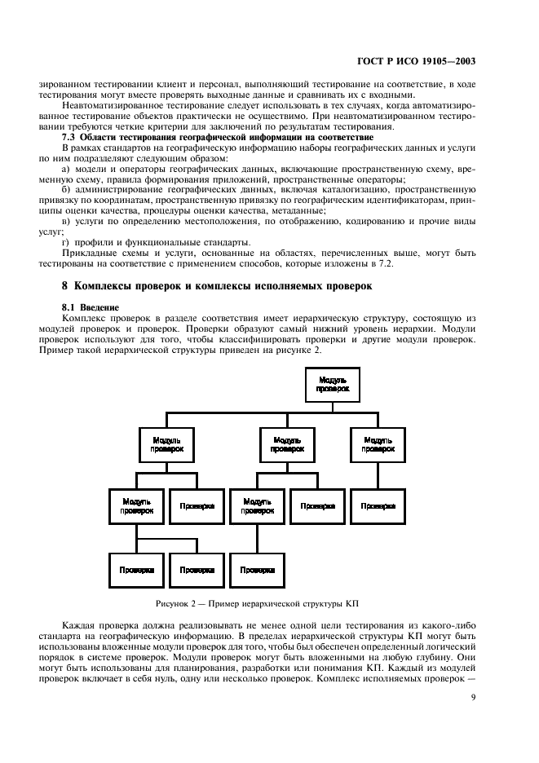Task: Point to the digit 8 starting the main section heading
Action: (x=65, y=286)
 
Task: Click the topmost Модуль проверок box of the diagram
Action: (x=333, y=384)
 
